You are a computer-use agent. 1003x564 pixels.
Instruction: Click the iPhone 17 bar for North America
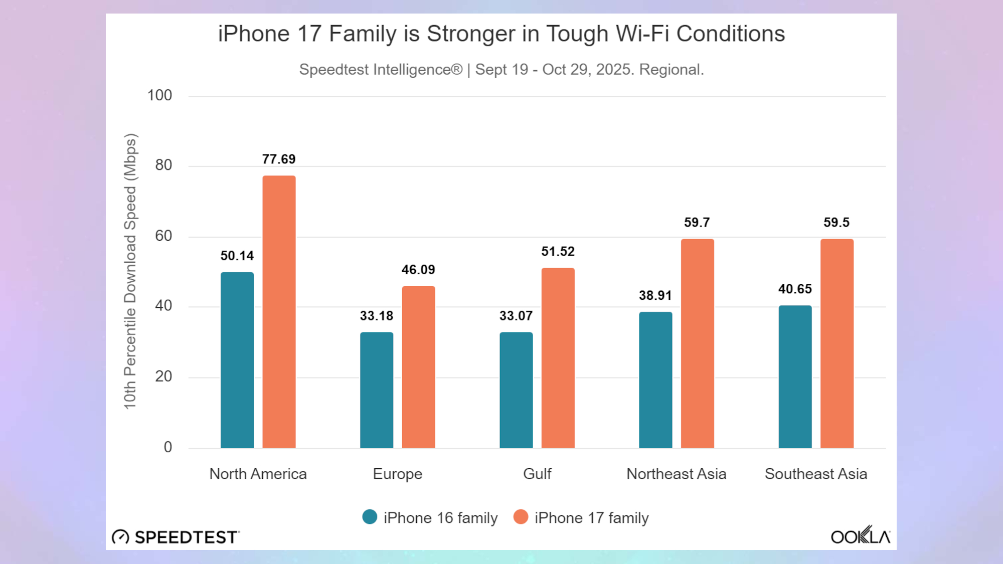(279, 311)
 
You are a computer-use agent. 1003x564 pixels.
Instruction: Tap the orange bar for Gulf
(558, 358)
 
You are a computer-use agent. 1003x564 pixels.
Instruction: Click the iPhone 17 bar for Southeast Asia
(837, 343)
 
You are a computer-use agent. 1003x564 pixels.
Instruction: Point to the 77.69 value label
(279, 159)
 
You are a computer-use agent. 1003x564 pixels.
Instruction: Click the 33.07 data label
(516, 316)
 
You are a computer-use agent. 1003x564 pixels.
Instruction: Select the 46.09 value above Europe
(418, 270)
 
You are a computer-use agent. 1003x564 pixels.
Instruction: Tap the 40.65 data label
(795, 289)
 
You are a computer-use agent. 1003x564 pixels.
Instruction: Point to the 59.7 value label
(697, 223)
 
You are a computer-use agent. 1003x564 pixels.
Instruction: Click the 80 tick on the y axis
(163, 165)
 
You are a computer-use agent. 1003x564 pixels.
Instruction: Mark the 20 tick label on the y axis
(163, 377)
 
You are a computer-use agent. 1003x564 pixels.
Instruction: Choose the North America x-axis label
(258, 474)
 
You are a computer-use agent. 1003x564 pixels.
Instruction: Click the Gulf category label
(537, 474)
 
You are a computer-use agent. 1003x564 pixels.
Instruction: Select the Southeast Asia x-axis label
(816, 474)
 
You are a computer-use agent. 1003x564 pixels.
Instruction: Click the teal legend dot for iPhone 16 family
(370, 517)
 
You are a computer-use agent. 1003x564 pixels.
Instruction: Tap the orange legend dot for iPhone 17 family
(521, 517)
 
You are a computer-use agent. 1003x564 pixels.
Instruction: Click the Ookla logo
(861, 536)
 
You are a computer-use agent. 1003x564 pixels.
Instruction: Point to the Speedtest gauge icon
(120, 537)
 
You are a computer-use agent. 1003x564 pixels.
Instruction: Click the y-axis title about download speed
(130, 271)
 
